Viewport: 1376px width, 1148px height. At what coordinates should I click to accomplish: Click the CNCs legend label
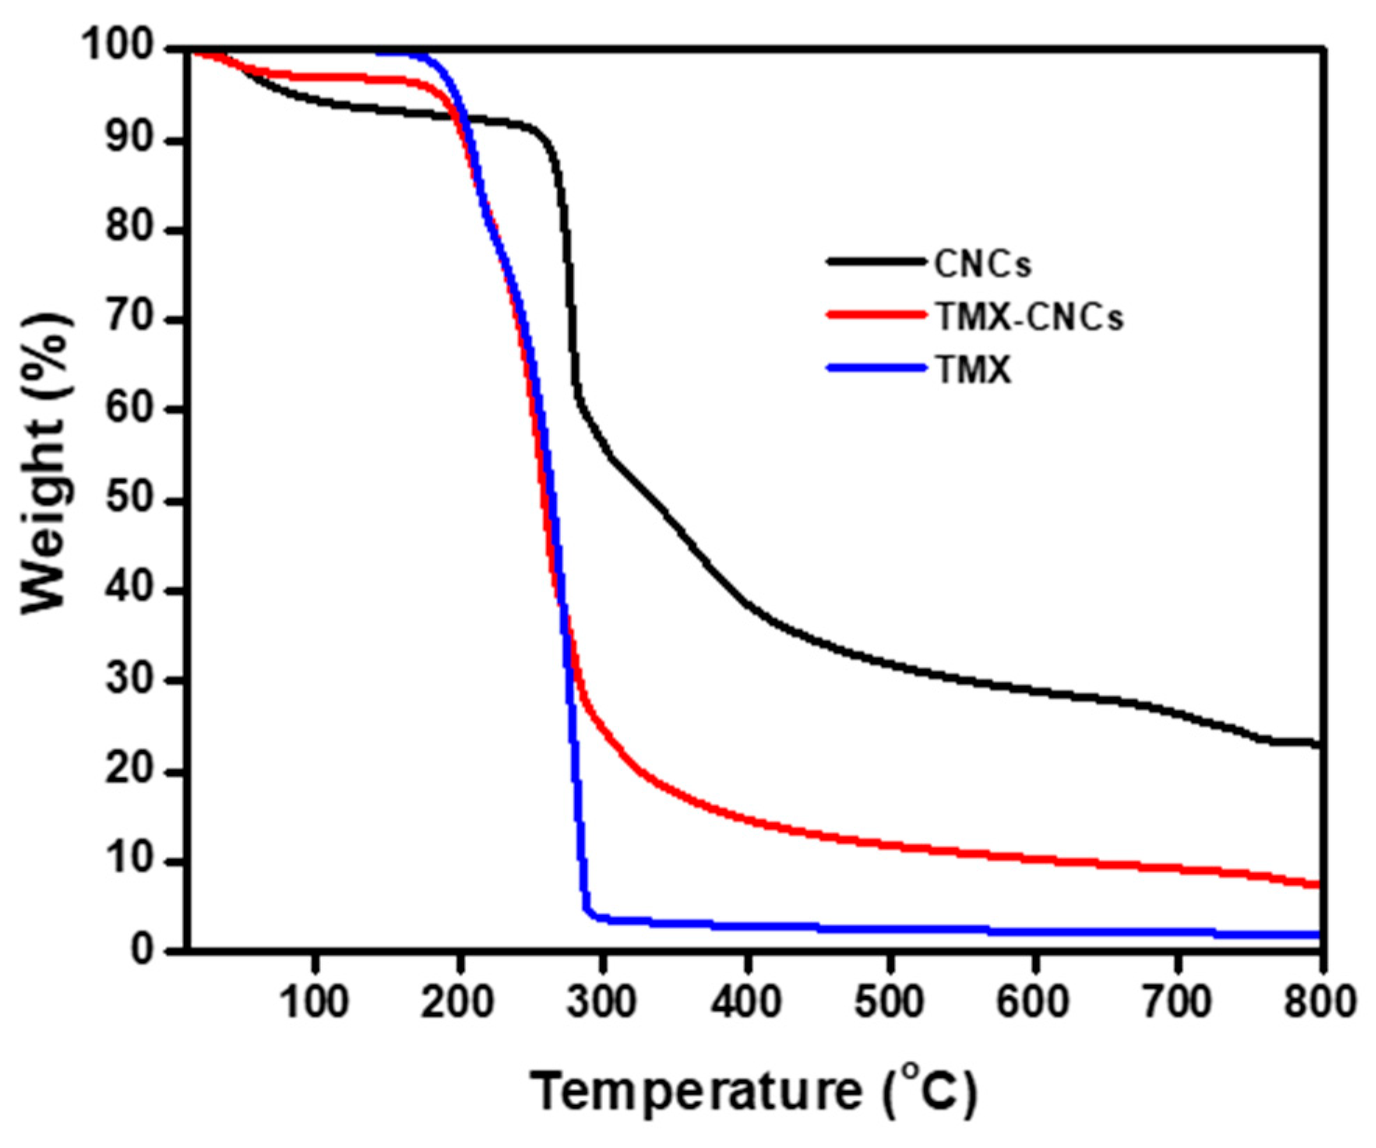(x=982, y=265)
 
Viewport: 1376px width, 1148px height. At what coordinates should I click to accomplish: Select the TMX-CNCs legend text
(x=1029, y=318)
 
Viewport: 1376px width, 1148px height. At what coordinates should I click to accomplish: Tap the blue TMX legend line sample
(x=877, y=367)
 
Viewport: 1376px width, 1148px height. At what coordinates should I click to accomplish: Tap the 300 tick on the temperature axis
(x=602, y=1001)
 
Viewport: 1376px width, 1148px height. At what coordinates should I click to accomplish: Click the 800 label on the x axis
(x=1319, y=1001)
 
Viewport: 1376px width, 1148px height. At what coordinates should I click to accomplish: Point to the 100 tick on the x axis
(x=314, y=1001)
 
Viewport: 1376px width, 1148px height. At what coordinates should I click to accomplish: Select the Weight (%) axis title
(x=46, y=464)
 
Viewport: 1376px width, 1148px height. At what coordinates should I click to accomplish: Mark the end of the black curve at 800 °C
(x=1319, y=745)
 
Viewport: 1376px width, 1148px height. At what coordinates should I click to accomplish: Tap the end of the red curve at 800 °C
(x=1319, y=884)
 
